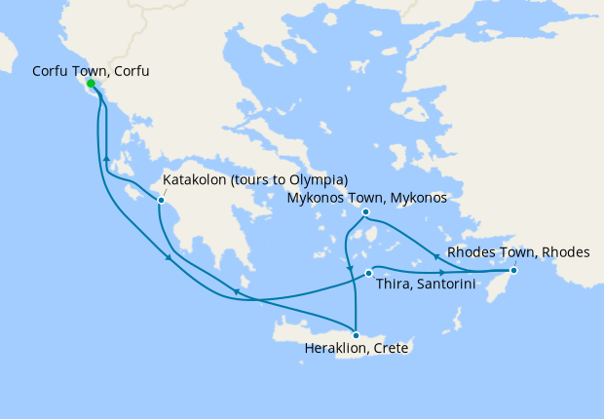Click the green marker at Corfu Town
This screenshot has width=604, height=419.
tap(92, 84)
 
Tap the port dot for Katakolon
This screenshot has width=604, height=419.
tap(161, 200)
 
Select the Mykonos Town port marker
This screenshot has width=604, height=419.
tap(365, 212)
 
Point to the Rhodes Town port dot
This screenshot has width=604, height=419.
tap(514, 270)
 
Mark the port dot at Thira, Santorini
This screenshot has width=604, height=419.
tap(368, 273)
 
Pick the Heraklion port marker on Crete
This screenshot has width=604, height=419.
tap(356, 335)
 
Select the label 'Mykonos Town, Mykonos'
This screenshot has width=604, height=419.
tap(366, 198)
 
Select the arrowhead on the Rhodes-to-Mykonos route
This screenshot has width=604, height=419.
tap(434, 256)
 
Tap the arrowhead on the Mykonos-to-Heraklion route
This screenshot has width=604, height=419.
tap(349, 270)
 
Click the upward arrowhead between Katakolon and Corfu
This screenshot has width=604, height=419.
tap(105, 158)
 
